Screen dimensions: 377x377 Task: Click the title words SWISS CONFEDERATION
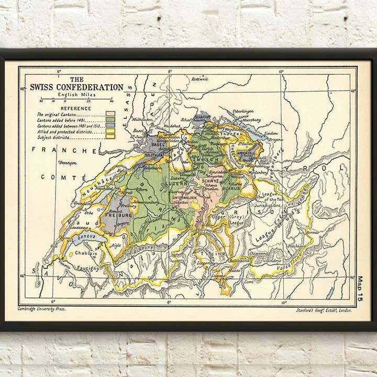point(76,87)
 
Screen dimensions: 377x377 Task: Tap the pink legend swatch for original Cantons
point(110,114)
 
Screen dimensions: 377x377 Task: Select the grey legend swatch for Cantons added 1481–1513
point(110,126)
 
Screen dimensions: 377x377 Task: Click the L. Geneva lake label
point(84,237)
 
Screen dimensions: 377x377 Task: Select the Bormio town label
point(313,230)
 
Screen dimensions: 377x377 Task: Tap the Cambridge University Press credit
point(42,309)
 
